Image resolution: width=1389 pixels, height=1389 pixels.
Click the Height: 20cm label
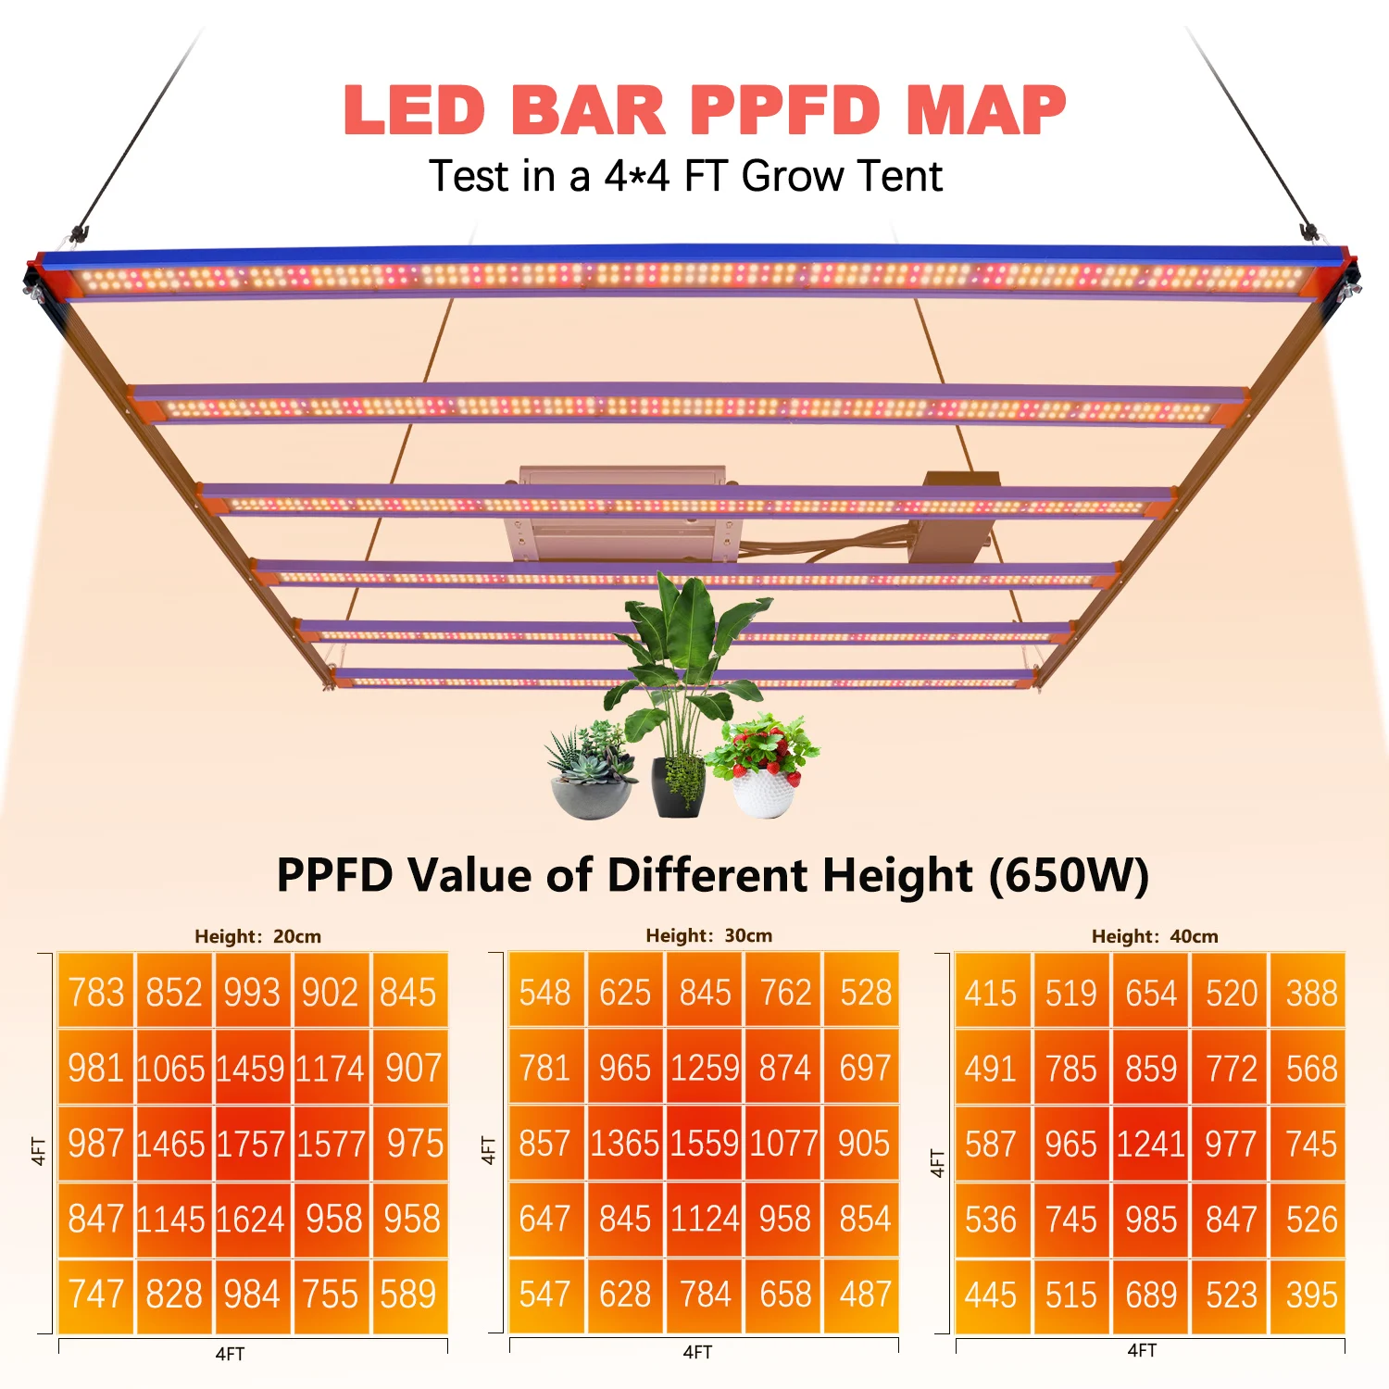coord(257,936)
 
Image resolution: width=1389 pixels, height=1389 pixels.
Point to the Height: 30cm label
coord(708,935)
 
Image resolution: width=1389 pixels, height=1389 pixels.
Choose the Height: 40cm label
coord(1155,936)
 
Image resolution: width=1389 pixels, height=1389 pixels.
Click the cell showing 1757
coord(251,1144)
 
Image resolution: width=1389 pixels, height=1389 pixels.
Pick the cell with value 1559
coord(705,1144)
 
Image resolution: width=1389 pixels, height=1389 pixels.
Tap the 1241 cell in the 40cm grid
coord(1150,1145)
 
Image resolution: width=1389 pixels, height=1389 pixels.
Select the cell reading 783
coord(96,993)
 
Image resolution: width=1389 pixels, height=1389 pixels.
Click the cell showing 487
coord(865,1294)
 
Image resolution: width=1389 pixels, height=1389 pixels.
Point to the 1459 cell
coord(251,1069)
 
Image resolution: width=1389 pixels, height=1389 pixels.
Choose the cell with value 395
coord(1311,1295)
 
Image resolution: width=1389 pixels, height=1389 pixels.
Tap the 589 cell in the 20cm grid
coord(408,1294)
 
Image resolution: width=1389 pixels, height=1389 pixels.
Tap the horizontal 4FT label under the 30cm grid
coord(697,1353)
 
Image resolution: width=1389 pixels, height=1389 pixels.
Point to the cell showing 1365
coord(625,1144)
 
